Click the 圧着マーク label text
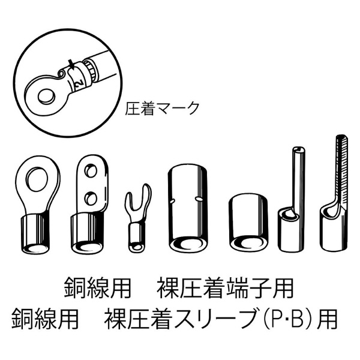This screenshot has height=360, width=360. (x=162, y=108)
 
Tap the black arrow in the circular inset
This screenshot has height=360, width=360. (x=71, y=64)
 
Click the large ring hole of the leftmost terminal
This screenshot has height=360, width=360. (x=38, y=179)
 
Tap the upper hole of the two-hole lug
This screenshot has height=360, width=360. (x=91, y=171)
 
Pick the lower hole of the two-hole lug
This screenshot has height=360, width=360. (x=91, y=199)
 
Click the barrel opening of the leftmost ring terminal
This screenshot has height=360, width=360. (x=35, y=248)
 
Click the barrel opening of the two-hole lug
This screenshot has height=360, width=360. (x=87, y=247)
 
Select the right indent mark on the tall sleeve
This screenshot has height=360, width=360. (x=198, y=198)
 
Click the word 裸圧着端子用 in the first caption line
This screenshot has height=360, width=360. (x=225, y=288)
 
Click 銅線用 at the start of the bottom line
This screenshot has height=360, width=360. (x=45, y=319)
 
